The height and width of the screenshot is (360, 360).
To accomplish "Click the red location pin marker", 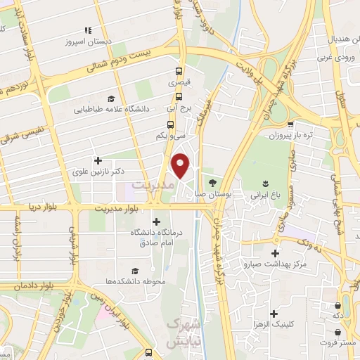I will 181,166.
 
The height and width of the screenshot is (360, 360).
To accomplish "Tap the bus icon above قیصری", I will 179,71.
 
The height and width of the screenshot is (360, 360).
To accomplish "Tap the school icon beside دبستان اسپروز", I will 89,30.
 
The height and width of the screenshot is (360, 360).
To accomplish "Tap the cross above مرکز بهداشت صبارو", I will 275,253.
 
